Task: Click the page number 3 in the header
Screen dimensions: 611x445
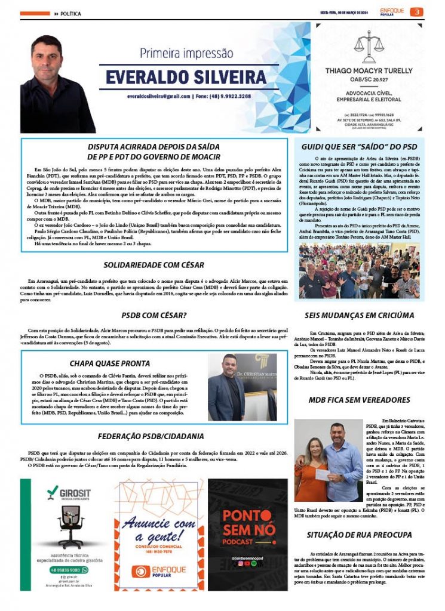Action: pos(419,12)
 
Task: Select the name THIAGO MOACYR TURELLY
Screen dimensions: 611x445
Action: pos(369,71)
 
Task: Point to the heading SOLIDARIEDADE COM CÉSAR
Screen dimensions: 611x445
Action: pos(154,265)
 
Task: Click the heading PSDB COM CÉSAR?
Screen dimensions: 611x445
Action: pos(154,314)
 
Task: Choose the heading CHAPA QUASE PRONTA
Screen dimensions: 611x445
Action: pos(109,363)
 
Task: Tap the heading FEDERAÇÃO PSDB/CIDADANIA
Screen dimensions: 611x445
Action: pos(154,436)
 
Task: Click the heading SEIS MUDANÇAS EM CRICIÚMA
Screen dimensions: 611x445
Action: pos(360,314)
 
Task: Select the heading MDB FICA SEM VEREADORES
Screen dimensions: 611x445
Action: pos(360,399)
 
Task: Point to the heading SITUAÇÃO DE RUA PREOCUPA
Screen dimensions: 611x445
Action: pos(360,533)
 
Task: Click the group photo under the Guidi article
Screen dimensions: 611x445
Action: pos(360,270)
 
